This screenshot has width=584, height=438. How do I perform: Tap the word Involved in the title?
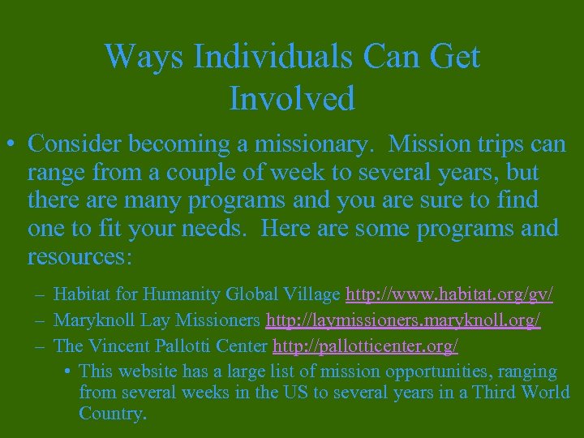coord(292,98)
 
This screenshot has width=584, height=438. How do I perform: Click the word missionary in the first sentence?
coord(304,144)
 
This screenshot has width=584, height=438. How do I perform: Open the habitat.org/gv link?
coord(449,294)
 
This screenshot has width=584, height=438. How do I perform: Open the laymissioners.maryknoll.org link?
coord(403,320)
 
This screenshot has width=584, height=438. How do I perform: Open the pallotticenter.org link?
coord(365,346)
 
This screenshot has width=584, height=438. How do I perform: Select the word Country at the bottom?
coord(112,414)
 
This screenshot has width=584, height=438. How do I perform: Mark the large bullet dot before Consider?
coord(12,144)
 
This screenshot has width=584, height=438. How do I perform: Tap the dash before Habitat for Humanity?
coord(40,294)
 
